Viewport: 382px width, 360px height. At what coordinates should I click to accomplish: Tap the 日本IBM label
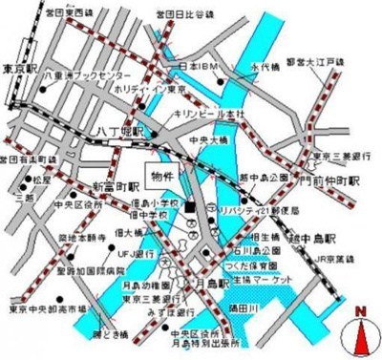(202, 66)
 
